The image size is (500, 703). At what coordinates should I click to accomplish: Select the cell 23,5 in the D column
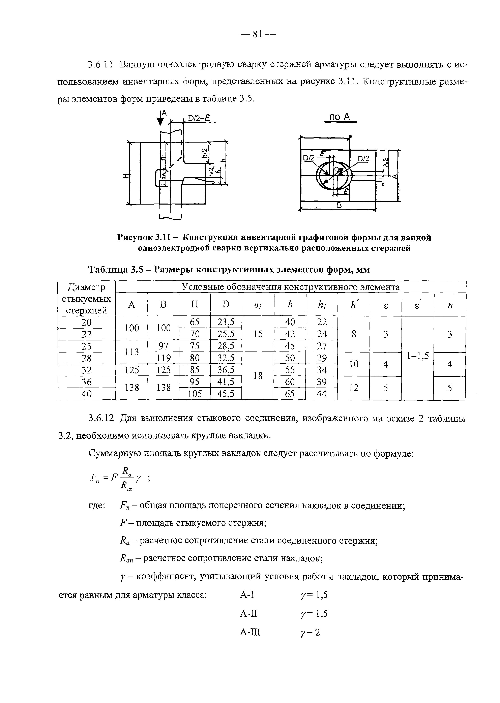226,322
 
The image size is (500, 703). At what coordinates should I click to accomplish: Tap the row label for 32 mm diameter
87,370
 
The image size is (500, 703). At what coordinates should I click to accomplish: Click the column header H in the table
195,304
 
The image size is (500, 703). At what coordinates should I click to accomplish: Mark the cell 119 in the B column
164,358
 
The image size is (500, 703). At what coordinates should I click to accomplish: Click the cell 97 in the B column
164,346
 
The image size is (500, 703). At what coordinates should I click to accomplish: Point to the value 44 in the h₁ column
322,394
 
